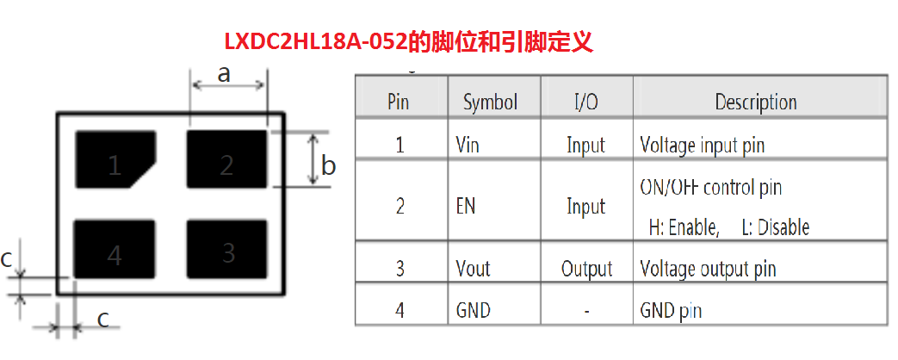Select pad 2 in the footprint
[x=226, y=158]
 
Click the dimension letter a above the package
[x=224, y=74]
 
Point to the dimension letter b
[x=328, y=165]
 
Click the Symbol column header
[x=490, y=102]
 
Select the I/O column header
[x=585, y=102]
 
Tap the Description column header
[x=756, y=102]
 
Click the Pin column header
[x=398, y=102]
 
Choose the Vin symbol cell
[x=468, y=146]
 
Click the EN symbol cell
[x=465, y=207]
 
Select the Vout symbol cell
[x=473, y=269]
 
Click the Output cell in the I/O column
[x=586, y=269]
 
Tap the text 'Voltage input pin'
[x=702, y=146]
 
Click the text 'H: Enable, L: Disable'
[x=728, y=227]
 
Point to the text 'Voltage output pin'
[x=708, y=269]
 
